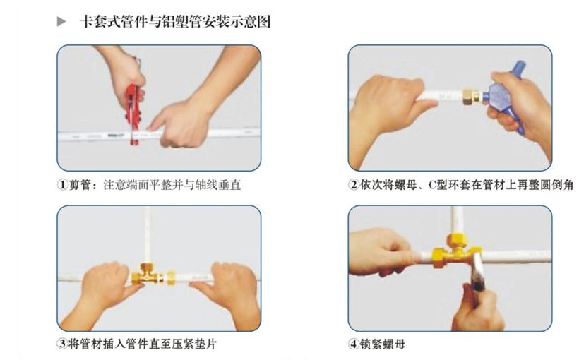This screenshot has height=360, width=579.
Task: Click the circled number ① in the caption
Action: (x=62, y=186)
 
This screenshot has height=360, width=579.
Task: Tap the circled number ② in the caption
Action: (x=354, y=186)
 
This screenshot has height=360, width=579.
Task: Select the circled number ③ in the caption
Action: (x=62, y=345)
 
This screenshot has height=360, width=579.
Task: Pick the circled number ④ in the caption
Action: (x=354, y=345)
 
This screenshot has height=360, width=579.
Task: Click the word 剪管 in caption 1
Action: (x=80, y=186)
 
